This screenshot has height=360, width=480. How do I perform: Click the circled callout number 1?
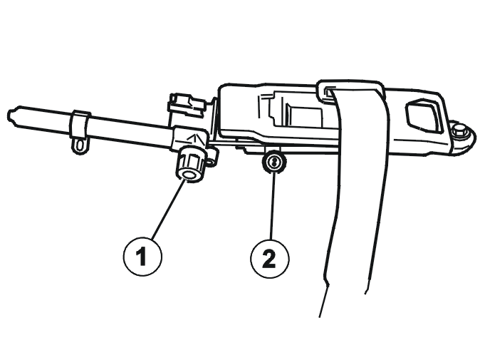(142, 256)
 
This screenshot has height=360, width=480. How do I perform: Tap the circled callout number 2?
(269, 259)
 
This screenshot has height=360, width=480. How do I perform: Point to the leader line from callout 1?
(169, 210)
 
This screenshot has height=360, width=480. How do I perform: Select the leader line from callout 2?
(272, 206)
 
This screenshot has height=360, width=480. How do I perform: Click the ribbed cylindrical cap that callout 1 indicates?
(189, 165)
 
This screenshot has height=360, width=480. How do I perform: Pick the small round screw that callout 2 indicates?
(274, 161)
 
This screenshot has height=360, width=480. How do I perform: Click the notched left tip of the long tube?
(12, 116)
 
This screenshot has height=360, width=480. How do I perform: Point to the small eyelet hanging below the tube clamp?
(80, 145)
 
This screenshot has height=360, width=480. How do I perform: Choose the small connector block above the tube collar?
(187, 104)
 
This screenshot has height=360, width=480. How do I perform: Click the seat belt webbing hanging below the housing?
(356, 196)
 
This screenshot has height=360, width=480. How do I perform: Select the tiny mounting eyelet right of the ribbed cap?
(211, 161)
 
